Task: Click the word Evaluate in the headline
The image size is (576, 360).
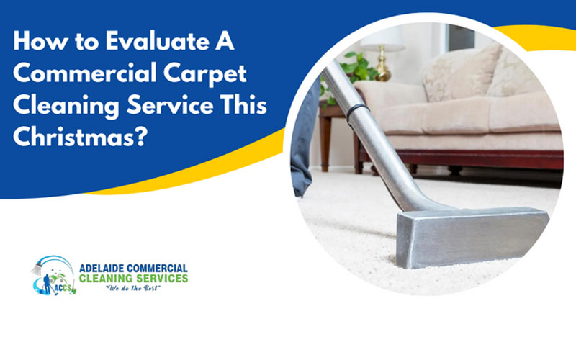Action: pos(158,41)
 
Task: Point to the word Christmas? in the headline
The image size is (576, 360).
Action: pos(81,136)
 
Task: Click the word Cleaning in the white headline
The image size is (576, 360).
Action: pos(66,106)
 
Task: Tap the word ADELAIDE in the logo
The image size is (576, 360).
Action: pos(101,268)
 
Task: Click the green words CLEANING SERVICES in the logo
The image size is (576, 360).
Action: pos(133,278)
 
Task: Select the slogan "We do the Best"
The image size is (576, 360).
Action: pos(133,288)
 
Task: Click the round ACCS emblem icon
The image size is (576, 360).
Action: pos(54,276)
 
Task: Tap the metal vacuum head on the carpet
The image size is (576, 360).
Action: pos(472,237)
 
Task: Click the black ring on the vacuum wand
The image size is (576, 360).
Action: pos(356,114)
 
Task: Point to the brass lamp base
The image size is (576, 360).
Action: pos(382,64)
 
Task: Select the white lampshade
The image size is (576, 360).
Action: pos(382,39)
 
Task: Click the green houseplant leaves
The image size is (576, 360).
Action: pos(354,71)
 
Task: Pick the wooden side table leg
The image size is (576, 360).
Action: pos(325,143)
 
